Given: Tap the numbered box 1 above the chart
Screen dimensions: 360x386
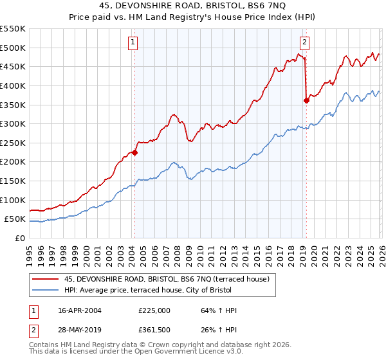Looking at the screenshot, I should pos(133,43).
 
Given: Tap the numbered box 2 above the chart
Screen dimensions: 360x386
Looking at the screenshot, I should pos(304,43).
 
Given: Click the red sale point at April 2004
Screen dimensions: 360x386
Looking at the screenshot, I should pos(135,152).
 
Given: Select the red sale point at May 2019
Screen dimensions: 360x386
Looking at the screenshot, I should pos(307,100).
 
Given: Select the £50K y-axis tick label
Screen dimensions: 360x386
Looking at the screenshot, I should pos(15,219).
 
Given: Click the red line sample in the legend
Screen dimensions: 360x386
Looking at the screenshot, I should pos(45,278).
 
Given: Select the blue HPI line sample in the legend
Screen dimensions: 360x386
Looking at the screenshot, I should pos(45,291).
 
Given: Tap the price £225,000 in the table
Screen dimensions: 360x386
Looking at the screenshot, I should pos(154,310).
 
